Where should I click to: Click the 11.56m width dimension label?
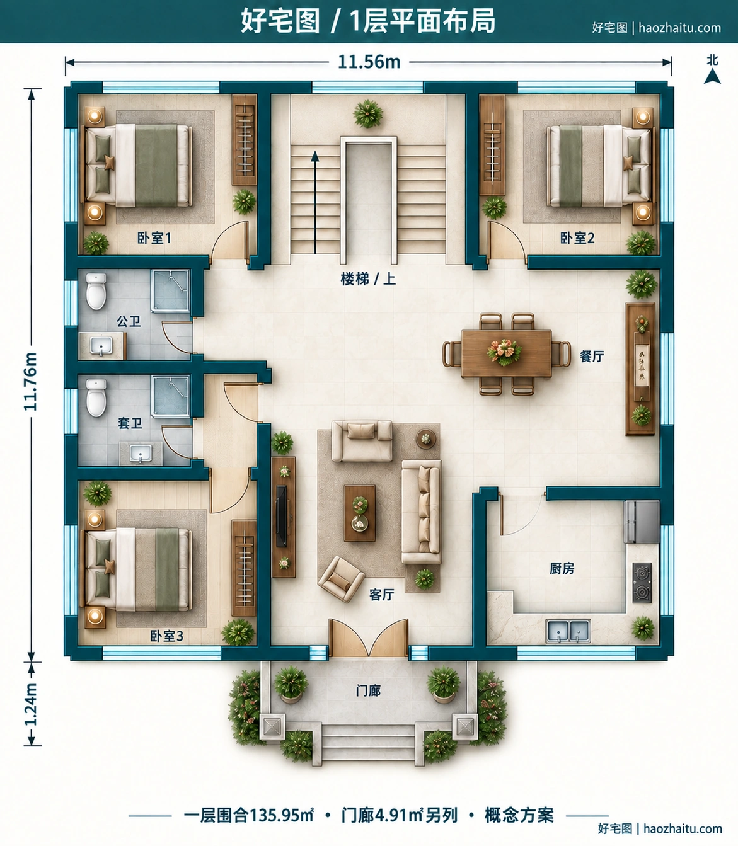369,62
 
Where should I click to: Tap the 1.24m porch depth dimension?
31,704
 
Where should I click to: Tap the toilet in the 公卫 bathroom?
96,292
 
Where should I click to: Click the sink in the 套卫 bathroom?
141,453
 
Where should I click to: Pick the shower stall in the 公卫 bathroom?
170,290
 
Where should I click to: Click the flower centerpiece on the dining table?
505,352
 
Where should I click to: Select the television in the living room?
281,516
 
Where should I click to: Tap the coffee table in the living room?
359,513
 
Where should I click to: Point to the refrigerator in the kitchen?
641,522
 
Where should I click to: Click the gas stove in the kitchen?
642,583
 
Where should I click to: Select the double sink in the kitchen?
568,631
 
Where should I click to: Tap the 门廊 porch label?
368,690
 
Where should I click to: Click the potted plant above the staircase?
368,113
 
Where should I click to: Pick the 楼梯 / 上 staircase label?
368,279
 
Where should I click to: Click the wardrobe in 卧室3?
244,568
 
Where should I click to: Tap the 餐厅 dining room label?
592,356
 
